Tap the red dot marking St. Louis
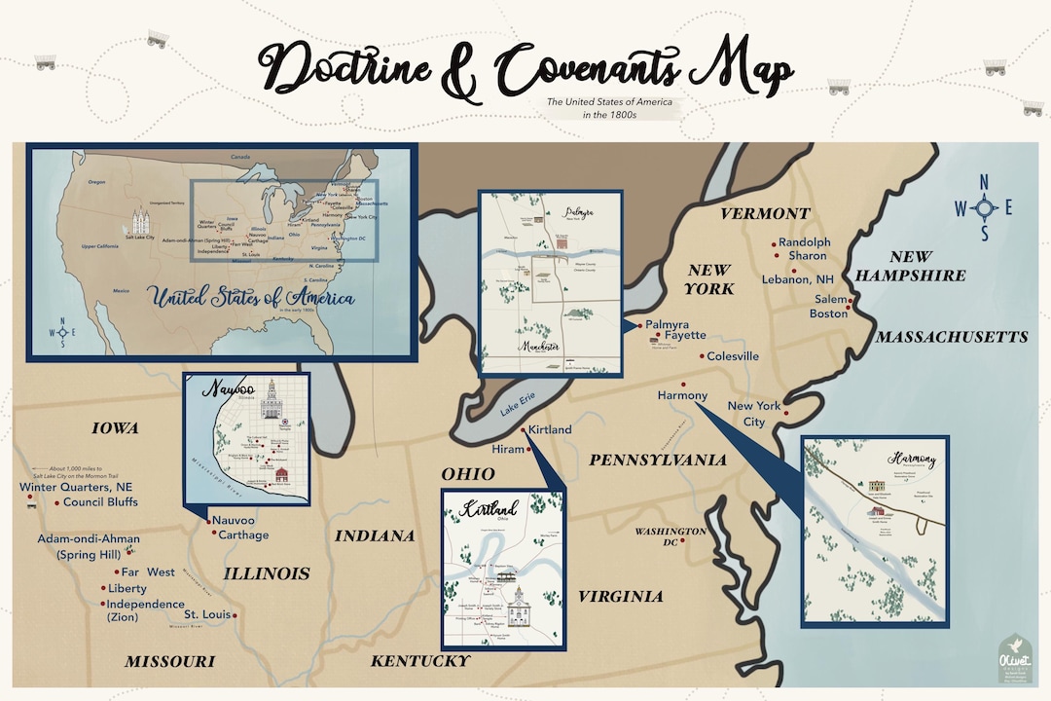[x=235, y=615]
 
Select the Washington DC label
[x=670, y=536]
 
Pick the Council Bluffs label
[x=100, y=502]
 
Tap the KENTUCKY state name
[x=420, y=661]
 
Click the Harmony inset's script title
[x=912, y=458]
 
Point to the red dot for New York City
[x=786, y=399]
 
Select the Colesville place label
[x=733, y=356]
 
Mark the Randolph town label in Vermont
[x=804, y=241]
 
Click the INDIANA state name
[x=375, y=535]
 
